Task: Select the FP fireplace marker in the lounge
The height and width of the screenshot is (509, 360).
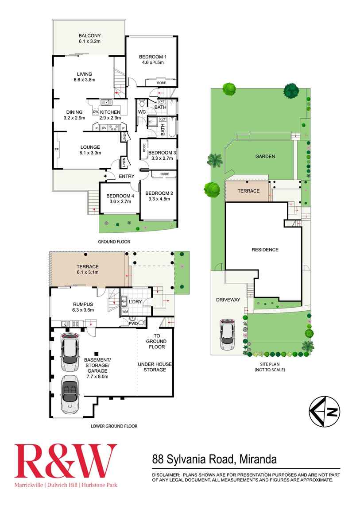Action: tap(56, 150)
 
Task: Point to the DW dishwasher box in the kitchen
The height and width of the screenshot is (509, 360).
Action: tap(95, 112)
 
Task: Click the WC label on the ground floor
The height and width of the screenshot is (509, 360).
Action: tap(142, 112)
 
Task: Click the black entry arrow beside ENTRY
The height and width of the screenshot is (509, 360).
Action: tap(105, 176)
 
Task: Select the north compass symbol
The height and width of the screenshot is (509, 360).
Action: tap(325, 412)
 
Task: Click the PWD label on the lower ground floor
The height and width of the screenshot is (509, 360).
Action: tap(133, 324)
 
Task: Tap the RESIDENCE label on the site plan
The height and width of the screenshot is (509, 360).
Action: tap(265, 250)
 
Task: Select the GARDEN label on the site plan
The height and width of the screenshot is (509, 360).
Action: tap(265, 156)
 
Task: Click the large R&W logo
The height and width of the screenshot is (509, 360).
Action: tap(66, 461)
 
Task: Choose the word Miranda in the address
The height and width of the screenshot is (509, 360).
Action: tap(257, 459)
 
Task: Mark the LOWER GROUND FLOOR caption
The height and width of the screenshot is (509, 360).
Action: tap(114, 426)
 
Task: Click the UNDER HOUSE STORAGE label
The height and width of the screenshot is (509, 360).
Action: tap(155, 367)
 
